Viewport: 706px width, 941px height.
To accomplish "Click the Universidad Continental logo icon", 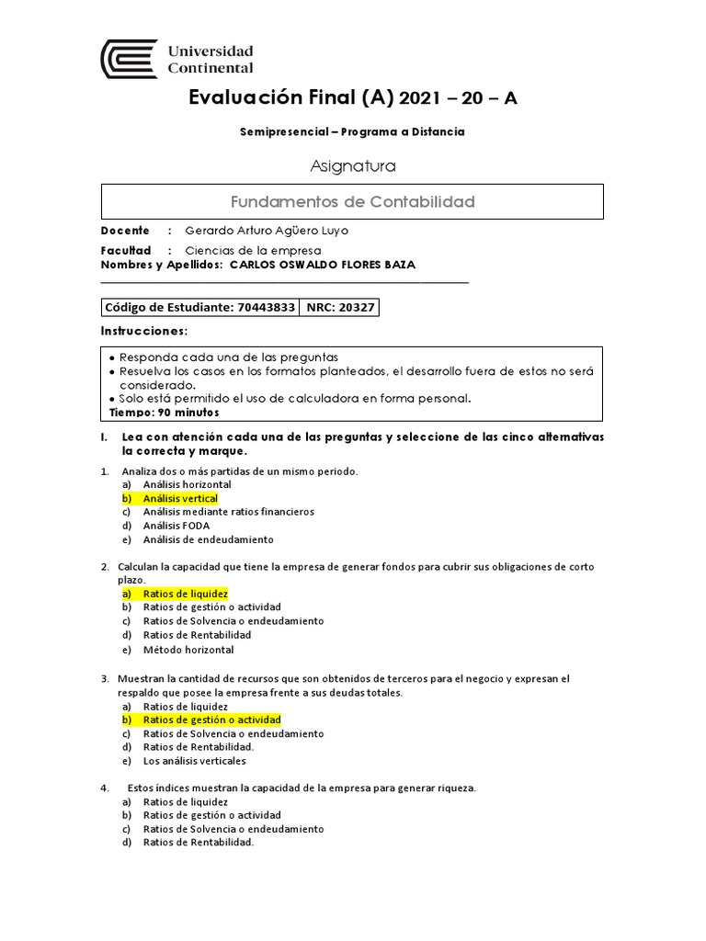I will (x=129, y=58).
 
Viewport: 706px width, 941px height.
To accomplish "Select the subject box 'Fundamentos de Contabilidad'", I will (x=351, y=201).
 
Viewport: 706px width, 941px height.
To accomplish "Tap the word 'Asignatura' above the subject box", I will (x=352, y=166).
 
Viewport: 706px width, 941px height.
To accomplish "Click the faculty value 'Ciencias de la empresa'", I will (x=253, y=250).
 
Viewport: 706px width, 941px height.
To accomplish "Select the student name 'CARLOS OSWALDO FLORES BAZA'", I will (x=322, y=265).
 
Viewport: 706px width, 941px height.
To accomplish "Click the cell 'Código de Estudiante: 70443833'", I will (x=199, y=308).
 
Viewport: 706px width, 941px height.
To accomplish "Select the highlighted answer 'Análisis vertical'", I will (x=180, y=498).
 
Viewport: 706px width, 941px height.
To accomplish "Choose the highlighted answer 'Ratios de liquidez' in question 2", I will (x=185, y=594).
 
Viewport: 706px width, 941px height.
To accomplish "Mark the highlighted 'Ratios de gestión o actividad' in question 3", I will (x=211, y=720).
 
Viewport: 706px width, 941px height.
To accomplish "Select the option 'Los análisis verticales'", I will (x=195, y=761).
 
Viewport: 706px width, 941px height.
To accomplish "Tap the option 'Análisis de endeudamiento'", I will (x=208, y=539).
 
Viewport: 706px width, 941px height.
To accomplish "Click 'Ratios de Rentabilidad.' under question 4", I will (x=199, y=843).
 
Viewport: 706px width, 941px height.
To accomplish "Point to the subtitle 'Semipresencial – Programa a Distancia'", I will (x=352, y=131).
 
